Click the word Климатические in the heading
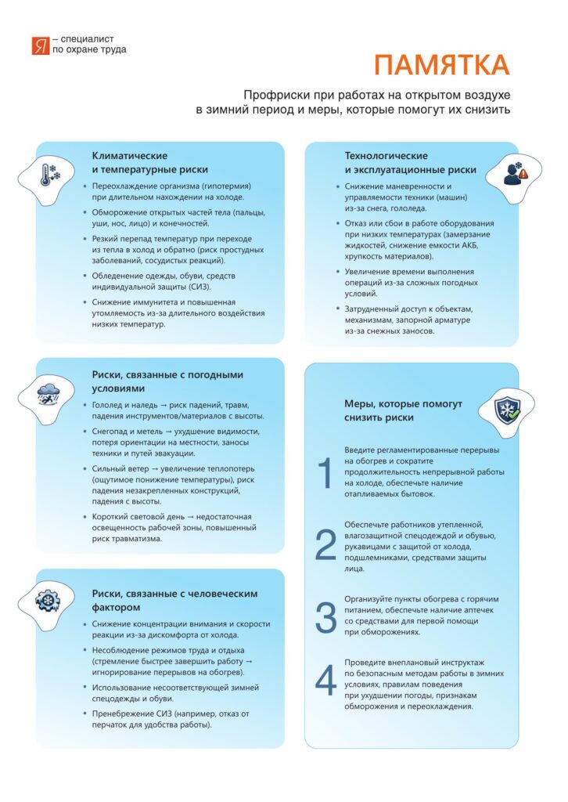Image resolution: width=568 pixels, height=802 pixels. point(130,156)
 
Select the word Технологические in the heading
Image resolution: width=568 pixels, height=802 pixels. point(386,156)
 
